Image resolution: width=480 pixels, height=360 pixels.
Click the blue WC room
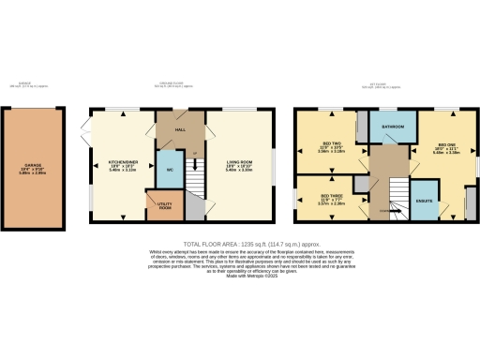pos(169,170)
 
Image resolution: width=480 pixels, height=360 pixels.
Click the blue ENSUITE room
pos(423,202)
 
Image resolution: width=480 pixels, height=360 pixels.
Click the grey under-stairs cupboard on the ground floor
pos(193,208)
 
